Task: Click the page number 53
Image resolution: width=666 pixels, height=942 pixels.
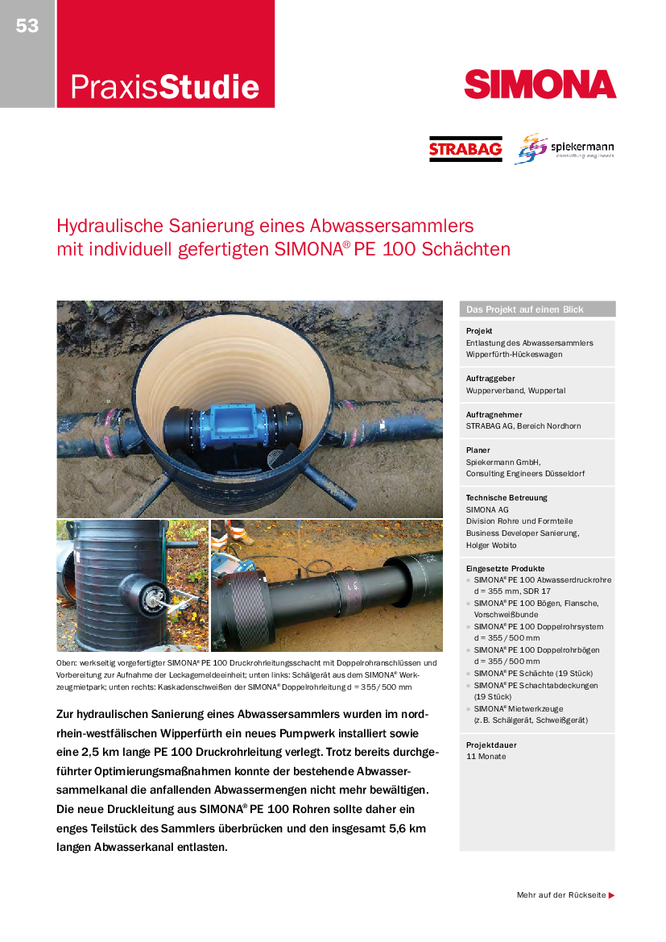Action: coord(27,26)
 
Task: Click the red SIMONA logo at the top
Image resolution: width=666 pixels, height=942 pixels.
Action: coord(540,84)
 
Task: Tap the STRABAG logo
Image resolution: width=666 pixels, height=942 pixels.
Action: coord(465,149)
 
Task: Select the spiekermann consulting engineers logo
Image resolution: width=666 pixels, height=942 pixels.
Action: coord(565,148)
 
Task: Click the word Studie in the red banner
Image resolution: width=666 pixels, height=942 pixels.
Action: coord(209,87)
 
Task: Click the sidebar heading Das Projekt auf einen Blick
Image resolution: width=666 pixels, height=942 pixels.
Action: coord(525,309)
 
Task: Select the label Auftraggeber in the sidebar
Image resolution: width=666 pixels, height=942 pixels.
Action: coord(490,378)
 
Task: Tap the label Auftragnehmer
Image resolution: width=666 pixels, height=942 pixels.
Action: coord(492,414)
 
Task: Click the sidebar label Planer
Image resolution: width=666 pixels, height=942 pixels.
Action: coord(478,450)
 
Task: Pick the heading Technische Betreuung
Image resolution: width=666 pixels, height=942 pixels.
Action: coord(507,498)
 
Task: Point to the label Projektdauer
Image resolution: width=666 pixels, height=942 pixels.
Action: coord(490,745)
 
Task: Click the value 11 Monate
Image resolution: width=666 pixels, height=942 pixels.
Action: coord(486,757)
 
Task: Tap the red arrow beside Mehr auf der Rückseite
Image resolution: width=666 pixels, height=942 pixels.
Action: coord(612,895)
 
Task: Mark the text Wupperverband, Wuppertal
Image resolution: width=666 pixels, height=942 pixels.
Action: coord(515,390)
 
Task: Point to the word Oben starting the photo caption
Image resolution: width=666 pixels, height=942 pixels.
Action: coord(67,663)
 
